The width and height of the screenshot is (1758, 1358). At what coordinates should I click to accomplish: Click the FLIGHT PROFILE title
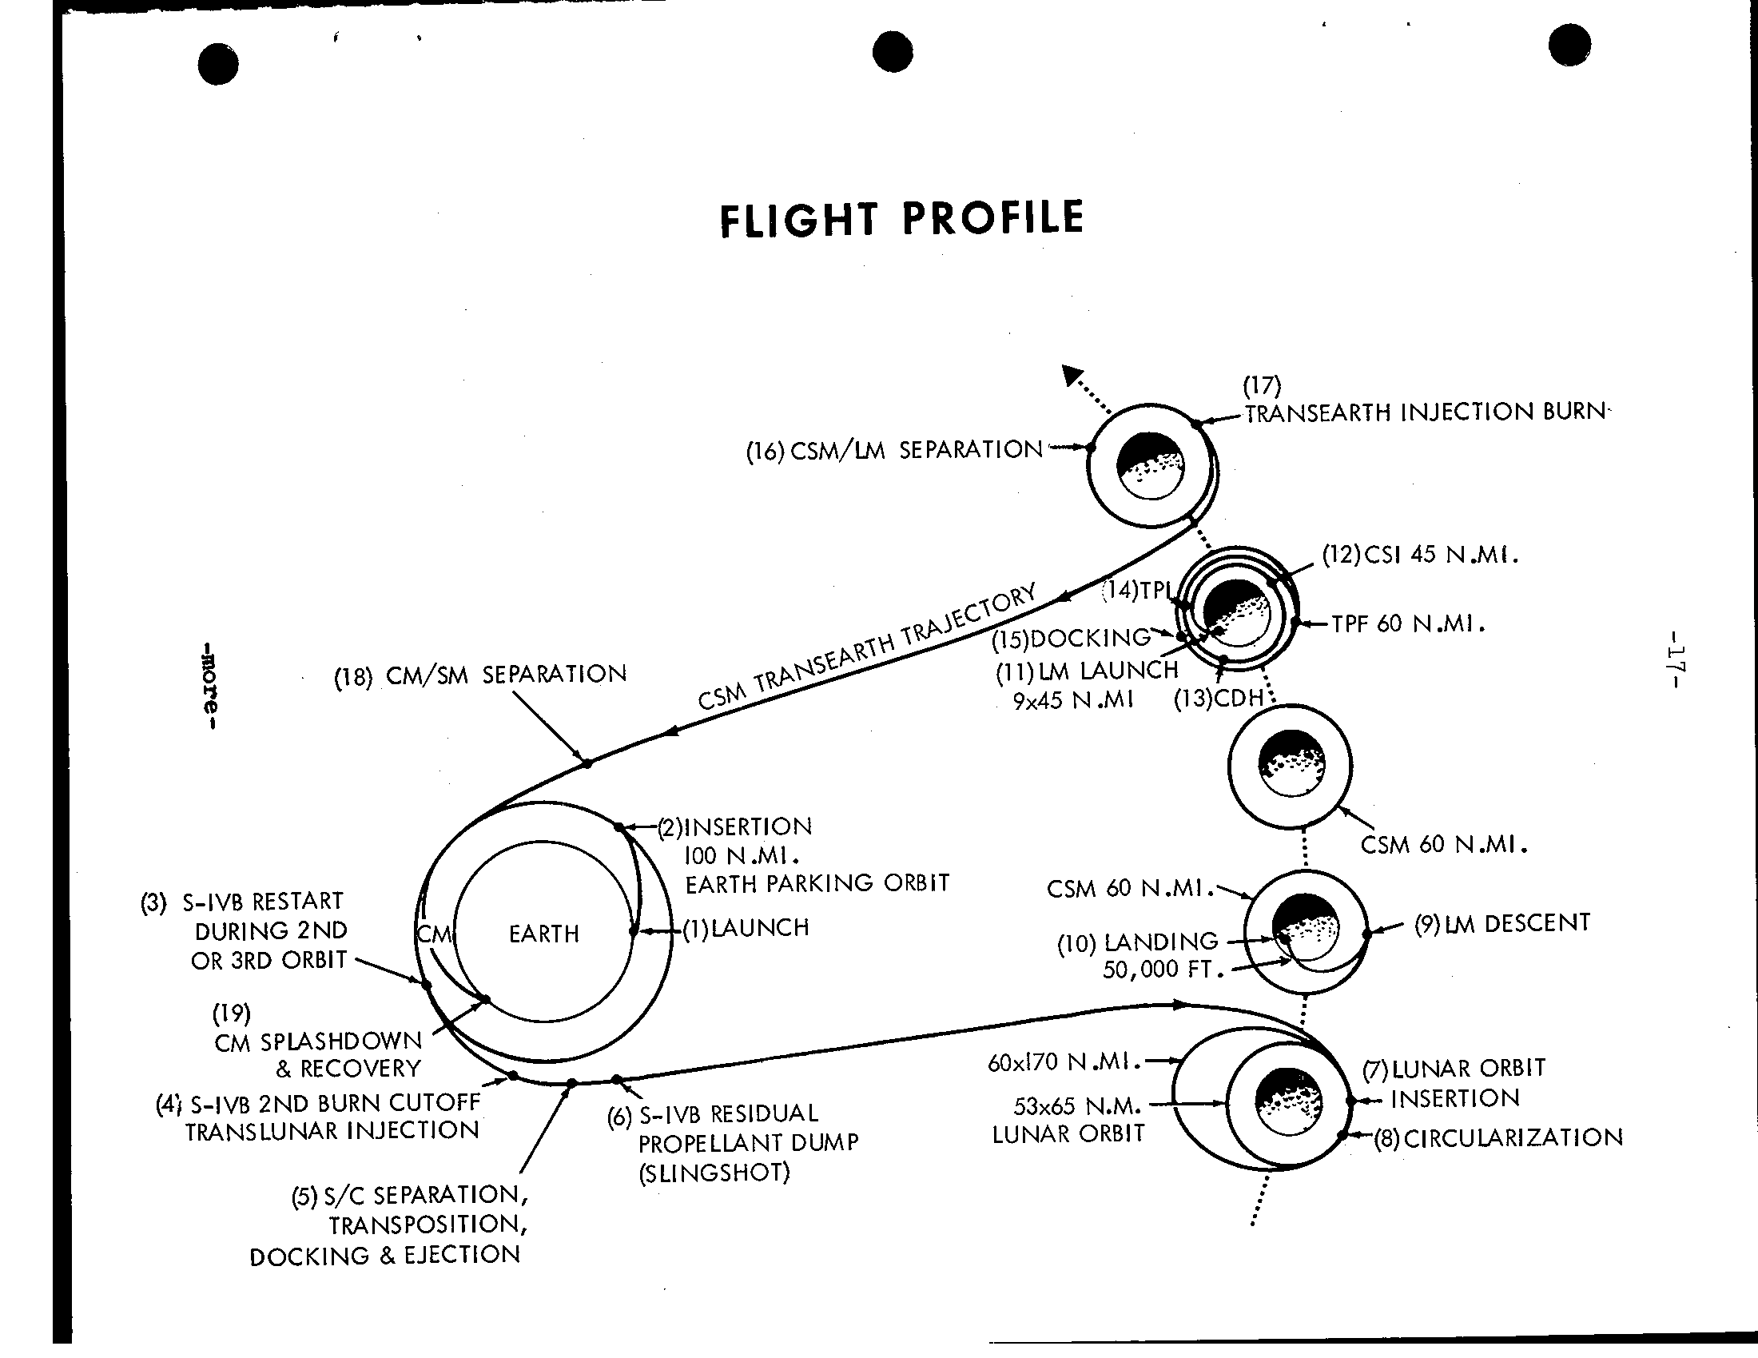(901, 219)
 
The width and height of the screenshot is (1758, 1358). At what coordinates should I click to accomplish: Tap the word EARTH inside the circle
(544, 934)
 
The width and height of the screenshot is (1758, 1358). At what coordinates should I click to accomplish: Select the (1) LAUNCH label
(746, 928)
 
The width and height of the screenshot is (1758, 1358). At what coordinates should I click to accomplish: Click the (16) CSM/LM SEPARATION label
(894, 451)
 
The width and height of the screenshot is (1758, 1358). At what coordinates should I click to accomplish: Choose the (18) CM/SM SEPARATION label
(480, 675)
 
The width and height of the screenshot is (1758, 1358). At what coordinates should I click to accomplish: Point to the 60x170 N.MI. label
(1065, 1062)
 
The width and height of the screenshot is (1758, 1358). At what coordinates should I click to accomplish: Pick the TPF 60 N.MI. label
(1408, 624)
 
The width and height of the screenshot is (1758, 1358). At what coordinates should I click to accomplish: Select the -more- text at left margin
(209, 685)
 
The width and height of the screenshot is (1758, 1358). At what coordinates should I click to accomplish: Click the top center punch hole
(893, 52)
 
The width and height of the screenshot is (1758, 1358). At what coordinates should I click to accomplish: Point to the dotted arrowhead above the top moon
(1072, 375)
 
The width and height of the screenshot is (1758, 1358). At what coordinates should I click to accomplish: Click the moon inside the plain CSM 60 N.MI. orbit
(1291, 763)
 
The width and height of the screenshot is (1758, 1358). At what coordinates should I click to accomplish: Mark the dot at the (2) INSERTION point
(619, 826)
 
